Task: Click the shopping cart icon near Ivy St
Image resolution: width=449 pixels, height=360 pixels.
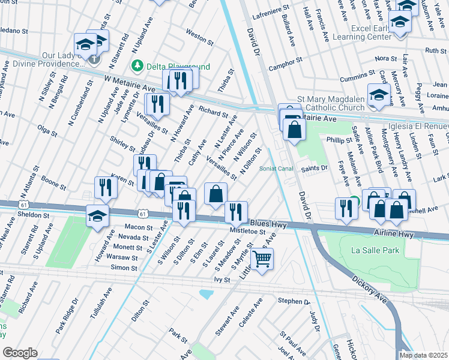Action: (x=262, y=259)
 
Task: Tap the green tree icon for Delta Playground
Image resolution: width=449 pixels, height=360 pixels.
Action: (x=137, y=64)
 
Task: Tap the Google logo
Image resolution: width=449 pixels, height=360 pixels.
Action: (x=20, y=352)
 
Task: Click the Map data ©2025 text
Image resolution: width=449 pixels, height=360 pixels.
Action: (x=424, y=355)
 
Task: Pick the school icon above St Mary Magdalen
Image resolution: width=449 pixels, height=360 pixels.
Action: (x=379, y=94)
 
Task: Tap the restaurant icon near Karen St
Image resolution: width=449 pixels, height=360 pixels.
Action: (x=104, y=187)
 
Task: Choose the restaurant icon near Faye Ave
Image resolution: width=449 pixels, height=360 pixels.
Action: (x=346, y=208)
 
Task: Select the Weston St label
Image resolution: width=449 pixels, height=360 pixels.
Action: (x=200, y=37)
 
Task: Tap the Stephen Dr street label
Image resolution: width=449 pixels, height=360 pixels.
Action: (x=293, y=301)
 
